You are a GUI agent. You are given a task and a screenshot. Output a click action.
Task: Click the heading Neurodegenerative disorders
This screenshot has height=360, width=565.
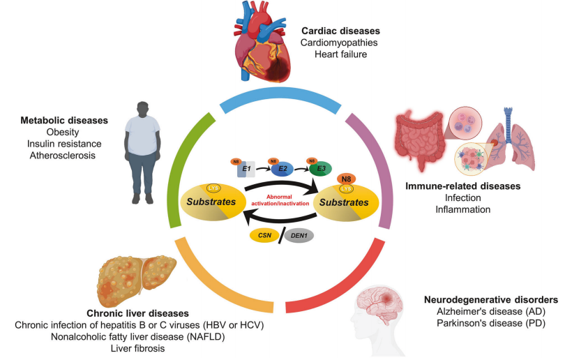(x=481, y=300)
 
